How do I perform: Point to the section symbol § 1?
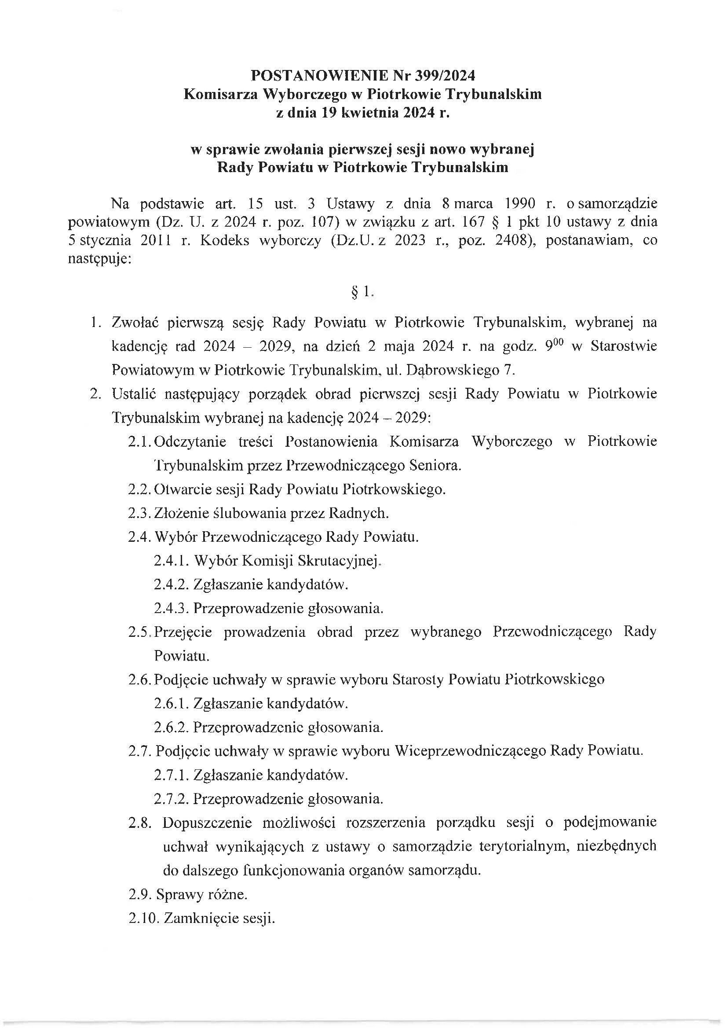(x=362, y=292)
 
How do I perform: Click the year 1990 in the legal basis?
(x=520, y=204)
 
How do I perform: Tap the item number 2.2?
(x=140, y=489)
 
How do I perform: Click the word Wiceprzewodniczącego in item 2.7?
(x=470, y=751)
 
